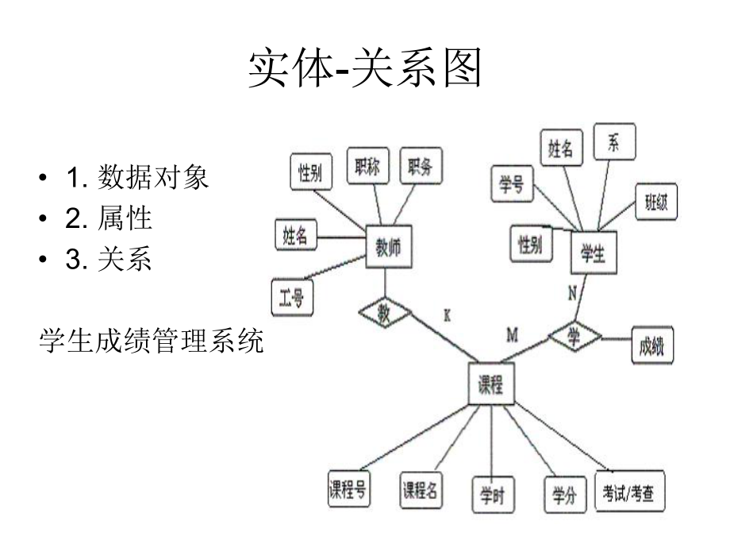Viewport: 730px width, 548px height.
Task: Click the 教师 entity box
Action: tap(388, 248)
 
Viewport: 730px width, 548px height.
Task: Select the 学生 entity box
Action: tap(593, 254)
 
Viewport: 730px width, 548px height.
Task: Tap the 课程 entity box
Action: tap(490, 384)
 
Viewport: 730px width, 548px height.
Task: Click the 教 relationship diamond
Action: tap(384, 313)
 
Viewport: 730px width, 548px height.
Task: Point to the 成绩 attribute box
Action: tap(651, 345)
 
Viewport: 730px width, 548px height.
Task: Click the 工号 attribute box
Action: tap(291, 299)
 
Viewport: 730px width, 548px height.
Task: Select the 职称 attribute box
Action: tap(368, 168)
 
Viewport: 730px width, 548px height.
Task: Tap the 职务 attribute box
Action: tap(420, 168)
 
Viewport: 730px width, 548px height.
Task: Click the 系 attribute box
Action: tap(613, 144)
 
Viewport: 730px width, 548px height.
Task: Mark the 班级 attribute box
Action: tap(656, 204)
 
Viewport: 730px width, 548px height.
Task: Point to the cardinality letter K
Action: tap(447, 315)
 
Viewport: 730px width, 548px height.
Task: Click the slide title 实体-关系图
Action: tap(365, 69)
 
